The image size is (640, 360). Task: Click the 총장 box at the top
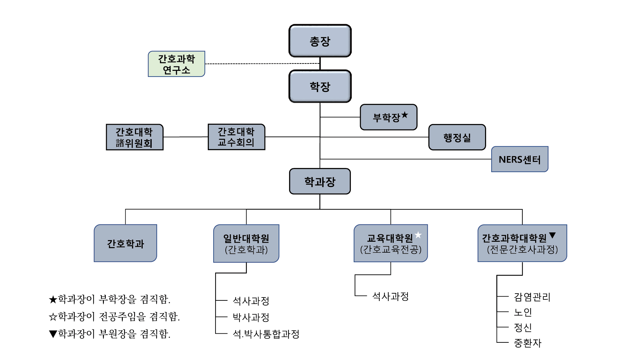pos(320,41)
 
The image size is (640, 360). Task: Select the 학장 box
pos(320,87)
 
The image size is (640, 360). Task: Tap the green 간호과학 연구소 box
pos(176,64)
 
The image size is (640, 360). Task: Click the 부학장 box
pos(388,117)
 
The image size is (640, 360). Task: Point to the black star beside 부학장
pos(405,115)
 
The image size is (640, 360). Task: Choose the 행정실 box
pos(457,138)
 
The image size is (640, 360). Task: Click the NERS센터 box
pos(519,159)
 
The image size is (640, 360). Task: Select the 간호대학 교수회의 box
pos(236,137)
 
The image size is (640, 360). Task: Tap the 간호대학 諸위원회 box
pos(134,137)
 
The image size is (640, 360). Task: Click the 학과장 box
pos(320,181)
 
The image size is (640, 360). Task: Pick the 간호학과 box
pos(125,243)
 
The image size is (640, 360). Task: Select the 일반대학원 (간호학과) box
pos(246,244)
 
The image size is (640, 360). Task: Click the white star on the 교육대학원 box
pos(418,235)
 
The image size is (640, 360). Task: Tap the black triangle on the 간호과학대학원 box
pos(552,235)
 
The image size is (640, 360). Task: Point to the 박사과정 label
pos(251,317)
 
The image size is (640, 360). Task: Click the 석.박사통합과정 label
pos(266,334)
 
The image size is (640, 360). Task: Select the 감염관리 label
pos(532,297)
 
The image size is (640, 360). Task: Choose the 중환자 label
pos(527,343)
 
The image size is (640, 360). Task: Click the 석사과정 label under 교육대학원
pos(391,296)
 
